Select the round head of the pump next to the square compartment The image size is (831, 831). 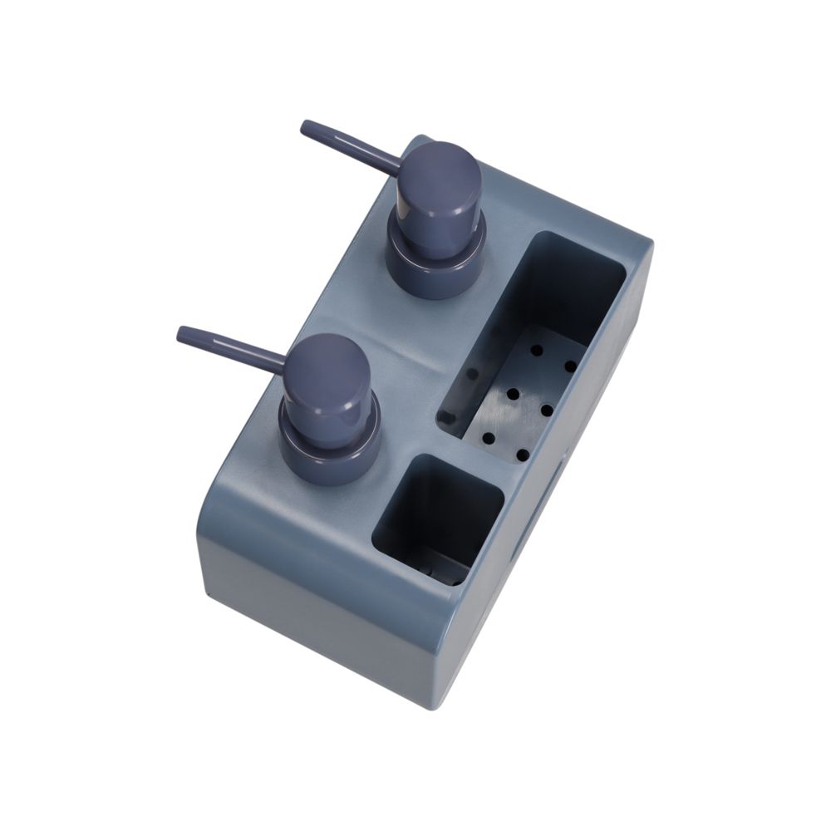[x=327, y=378]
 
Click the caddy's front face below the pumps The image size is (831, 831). [x=316, y=615]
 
